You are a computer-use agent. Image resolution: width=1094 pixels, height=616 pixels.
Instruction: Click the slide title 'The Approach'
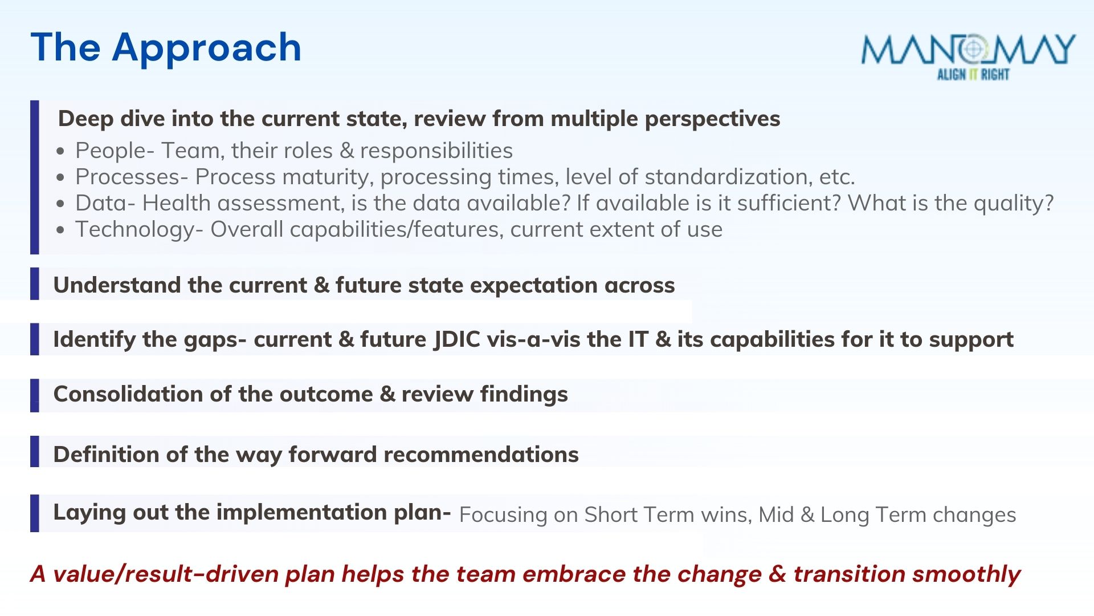(x=166, y=48)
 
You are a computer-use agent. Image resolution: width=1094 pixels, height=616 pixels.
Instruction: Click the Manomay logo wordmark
(x=968, y=50)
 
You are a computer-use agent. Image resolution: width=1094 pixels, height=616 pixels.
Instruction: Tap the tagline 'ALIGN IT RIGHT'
(x=973, y=74)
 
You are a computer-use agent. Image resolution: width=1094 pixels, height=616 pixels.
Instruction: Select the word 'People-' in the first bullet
(x=115, y=151)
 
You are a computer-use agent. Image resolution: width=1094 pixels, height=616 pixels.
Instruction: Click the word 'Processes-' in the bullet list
(x=132, y=177)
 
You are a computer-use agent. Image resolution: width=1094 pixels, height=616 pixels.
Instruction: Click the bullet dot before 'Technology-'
(x=61, y=230)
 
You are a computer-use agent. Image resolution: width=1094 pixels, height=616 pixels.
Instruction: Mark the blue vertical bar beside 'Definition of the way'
(x=35, y=452)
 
